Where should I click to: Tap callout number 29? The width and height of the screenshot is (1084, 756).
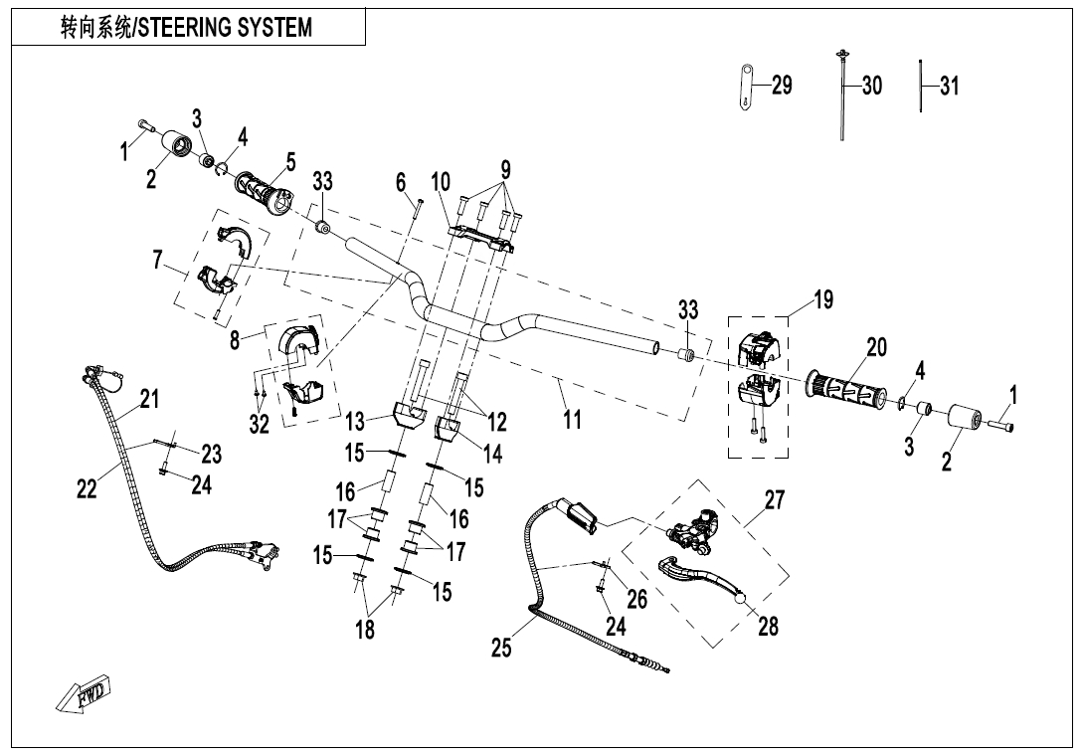tap(782, 86)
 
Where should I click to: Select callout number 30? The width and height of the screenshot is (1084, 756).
tap(871, 86)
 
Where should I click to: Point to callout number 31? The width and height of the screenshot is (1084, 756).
tap(949, 86)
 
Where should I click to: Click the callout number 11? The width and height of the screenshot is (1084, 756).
tap(572, 420)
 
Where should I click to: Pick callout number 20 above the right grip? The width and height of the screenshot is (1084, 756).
tap(875, 347)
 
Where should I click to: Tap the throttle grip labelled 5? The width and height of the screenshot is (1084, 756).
tap(264, 190)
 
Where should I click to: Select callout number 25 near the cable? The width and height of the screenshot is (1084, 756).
tap(501, 649)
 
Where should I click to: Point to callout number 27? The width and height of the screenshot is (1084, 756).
tap(775, 499)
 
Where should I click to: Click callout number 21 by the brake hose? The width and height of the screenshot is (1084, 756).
tap(149, 400)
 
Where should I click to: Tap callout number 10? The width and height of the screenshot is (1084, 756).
tap(441, 182)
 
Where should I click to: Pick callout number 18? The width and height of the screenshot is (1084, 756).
tap(366, 629)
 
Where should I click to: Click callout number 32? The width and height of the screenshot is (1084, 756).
tap(260, 424)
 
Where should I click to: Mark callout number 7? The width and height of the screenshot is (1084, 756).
tap(157, 260)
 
